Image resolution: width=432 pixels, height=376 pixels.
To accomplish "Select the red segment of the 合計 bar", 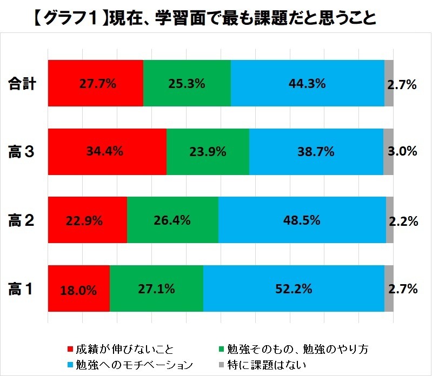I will coord(96,83).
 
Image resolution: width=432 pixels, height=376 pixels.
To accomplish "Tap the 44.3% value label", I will coord(307,83).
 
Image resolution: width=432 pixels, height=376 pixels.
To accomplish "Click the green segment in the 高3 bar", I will coord(208,152).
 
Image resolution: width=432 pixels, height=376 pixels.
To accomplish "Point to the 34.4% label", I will coord(105,152).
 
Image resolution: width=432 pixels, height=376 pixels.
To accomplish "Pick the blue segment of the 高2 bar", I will coord(302,220).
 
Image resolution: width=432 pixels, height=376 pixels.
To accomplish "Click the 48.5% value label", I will coord(302,220).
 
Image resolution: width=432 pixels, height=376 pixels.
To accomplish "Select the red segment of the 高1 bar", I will coord(79,289).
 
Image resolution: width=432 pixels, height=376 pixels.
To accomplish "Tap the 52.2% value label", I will coord(294,289).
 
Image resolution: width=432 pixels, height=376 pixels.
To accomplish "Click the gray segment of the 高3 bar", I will coord(388,152).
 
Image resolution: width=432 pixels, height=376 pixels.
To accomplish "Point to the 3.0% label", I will coord(402,152).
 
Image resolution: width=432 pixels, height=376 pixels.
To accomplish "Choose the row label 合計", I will coord(22,84).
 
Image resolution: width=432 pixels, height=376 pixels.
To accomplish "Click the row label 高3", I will coord(22,152).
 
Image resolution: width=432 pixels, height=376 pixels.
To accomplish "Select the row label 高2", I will coord(22,220).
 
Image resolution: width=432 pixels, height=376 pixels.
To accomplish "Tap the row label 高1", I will coord(22,289).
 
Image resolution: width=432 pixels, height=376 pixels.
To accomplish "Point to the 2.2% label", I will coord(403,221).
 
